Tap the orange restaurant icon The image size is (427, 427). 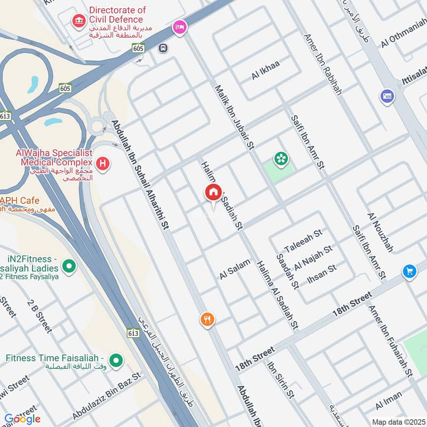208,320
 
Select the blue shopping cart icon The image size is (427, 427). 409,271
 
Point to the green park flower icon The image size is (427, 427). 280,159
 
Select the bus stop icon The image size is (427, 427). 162,48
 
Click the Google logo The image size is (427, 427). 22,418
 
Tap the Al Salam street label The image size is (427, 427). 234,269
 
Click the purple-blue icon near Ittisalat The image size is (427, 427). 387,97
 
